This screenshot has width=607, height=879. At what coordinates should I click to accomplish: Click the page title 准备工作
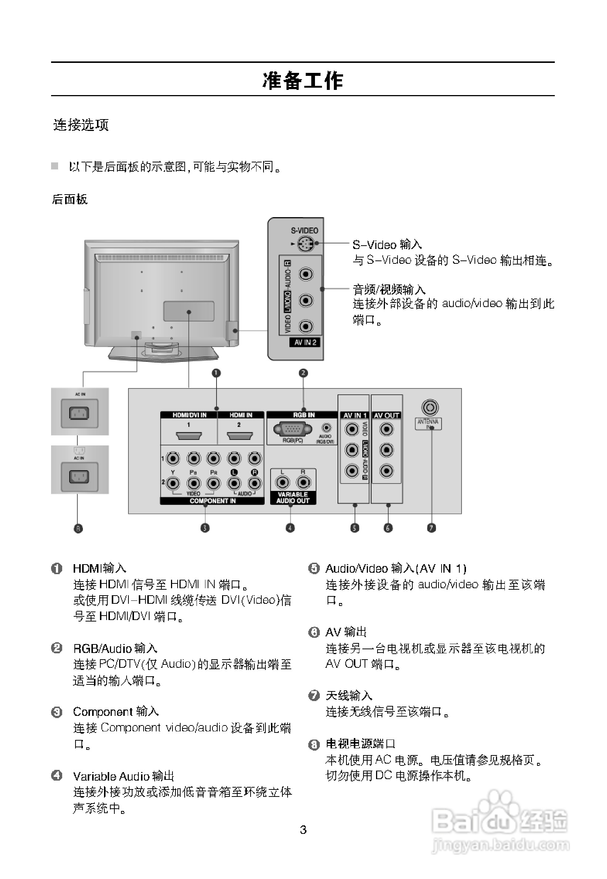tap(303, 81)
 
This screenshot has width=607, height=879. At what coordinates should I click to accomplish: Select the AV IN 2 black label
tap(305, 342)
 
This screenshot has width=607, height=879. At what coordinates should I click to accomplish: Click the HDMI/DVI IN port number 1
tap(189, 435)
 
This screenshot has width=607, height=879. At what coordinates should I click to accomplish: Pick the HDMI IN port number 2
tap(239, 435)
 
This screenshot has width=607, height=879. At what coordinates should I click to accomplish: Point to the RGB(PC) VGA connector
tap(292, 430)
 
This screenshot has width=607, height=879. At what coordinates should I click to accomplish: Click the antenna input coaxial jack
tap(430, 408)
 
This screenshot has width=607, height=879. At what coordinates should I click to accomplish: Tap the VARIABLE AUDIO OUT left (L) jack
tap(282, 482)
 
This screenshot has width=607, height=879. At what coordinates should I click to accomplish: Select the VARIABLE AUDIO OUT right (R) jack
tap(303, 482)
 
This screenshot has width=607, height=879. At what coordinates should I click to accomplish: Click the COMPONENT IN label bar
tap(212, 501)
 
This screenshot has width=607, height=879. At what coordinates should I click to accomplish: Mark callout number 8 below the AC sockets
tap(78, 528)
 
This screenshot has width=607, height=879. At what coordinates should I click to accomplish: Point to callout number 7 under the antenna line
tap(431, 528)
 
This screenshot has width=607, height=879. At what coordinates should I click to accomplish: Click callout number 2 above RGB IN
tap(303, 373)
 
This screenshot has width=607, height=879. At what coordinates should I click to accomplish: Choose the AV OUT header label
tap(386, 415)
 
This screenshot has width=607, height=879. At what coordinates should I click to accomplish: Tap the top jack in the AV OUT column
tap(386, 430)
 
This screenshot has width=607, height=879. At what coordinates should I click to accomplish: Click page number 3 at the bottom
tap(303, 829)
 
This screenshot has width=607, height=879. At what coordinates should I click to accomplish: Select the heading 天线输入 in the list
tap(349, 696)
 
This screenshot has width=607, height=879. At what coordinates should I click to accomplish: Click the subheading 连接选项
tap(81, 125)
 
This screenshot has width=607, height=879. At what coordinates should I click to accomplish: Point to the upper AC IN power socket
tap(79, 413)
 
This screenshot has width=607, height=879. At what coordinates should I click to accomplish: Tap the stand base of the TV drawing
tap(163, 354)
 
